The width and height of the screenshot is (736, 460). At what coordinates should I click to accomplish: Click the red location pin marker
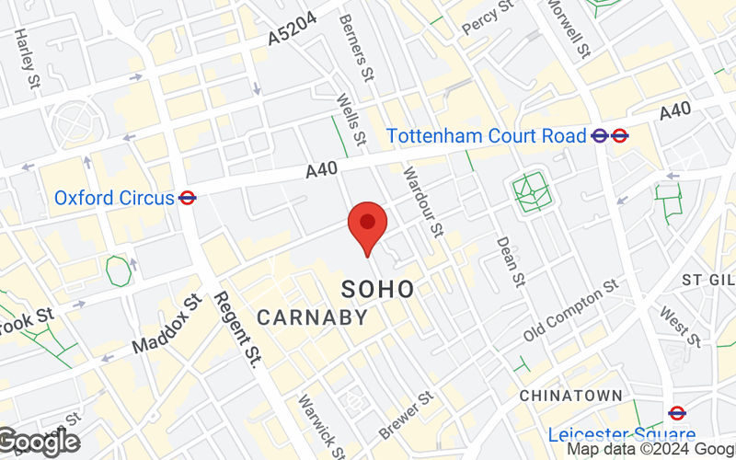click(x=368, y=226)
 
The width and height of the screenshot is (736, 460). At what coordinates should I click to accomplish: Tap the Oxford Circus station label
click(x=114, y=198)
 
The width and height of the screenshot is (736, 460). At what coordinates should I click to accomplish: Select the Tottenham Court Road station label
click(x=486, y=136)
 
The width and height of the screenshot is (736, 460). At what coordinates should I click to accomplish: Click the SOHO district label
click(x=378, y=289)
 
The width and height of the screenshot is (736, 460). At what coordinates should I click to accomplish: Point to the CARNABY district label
click(x=312, y=318)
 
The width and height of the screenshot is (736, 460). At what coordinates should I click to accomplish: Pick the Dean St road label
click(x=512, y=260)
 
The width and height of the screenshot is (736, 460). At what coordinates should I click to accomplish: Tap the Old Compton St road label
click(x=571, y=312)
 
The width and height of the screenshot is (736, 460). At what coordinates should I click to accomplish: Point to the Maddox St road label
click(x=166, y=326)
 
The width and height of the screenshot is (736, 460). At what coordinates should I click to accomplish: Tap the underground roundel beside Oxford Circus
click(x=188, y=197)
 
